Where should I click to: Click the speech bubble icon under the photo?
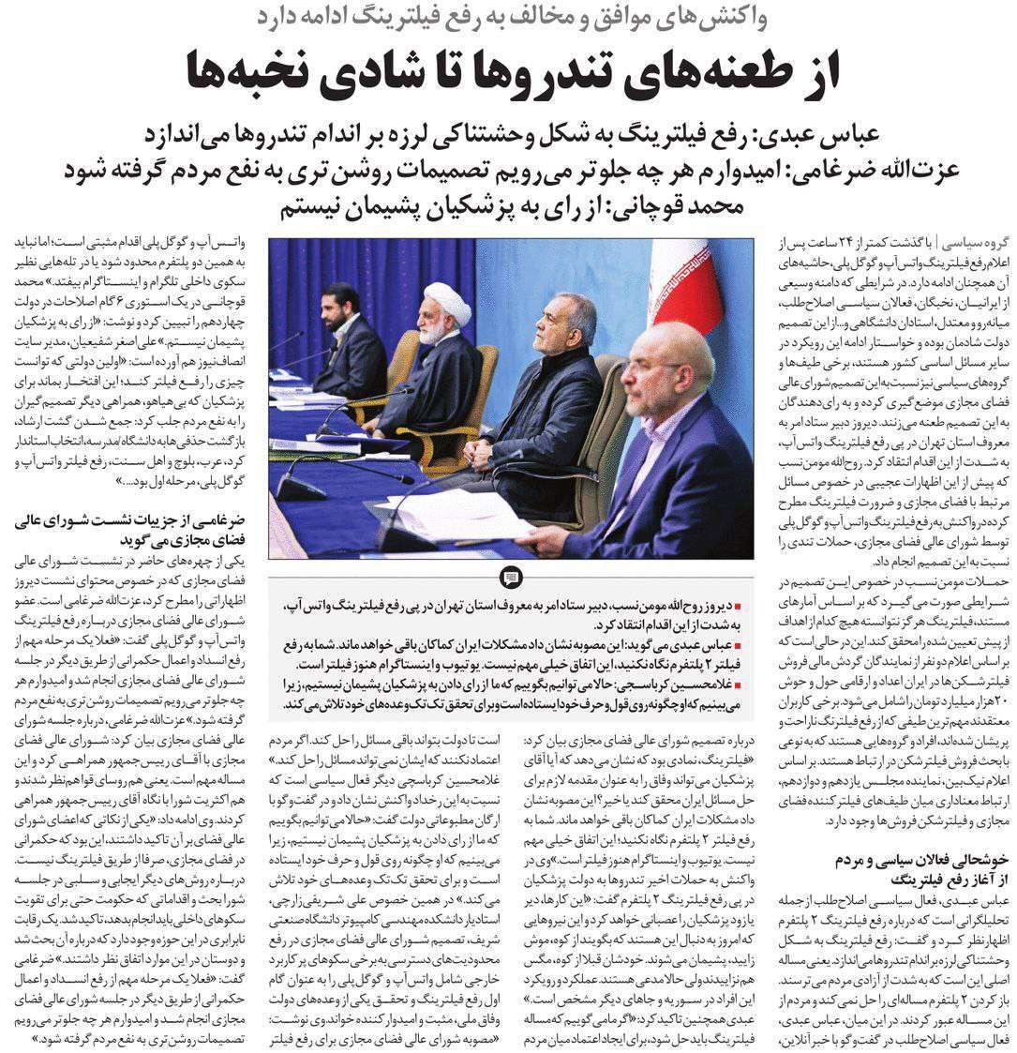[511, 577]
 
